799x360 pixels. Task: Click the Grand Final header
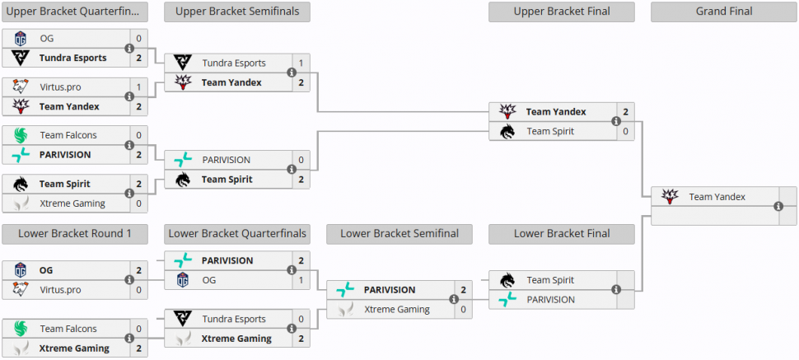point(724,12)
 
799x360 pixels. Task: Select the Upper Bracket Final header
point(561,12)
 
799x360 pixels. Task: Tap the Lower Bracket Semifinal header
point(399,234)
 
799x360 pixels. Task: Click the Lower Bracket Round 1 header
point(74,234)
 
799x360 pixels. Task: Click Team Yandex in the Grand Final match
point(717,197)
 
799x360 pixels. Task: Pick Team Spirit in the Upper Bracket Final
point(550,131)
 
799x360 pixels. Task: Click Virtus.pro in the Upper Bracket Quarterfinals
point(60,86)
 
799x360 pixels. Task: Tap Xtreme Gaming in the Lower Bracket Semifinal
point(397,310)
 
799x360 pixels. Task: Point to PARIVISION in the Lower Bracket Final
point(550,300)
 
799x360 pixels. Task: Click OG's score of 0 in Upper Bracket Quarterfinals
point(138,39)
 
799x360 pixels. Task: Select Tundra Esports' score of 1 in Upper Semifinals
point(301,63)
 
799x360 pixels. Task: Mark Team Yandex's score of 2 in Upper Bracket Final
point(626,112)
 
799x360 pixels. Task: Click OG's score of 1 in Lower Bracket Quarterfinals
point(301,280)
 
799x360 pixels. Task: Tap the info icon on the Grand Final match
point(778,207)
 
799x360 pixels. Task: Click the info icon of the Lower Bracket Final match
point(616,290)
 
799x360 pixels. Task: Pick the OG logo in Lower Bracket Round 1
point(21,270)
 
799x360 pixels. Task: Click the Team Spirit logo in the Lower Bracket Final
point(507,280)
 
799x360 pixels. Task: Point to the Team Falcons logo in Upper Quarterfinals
point(21,135)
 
